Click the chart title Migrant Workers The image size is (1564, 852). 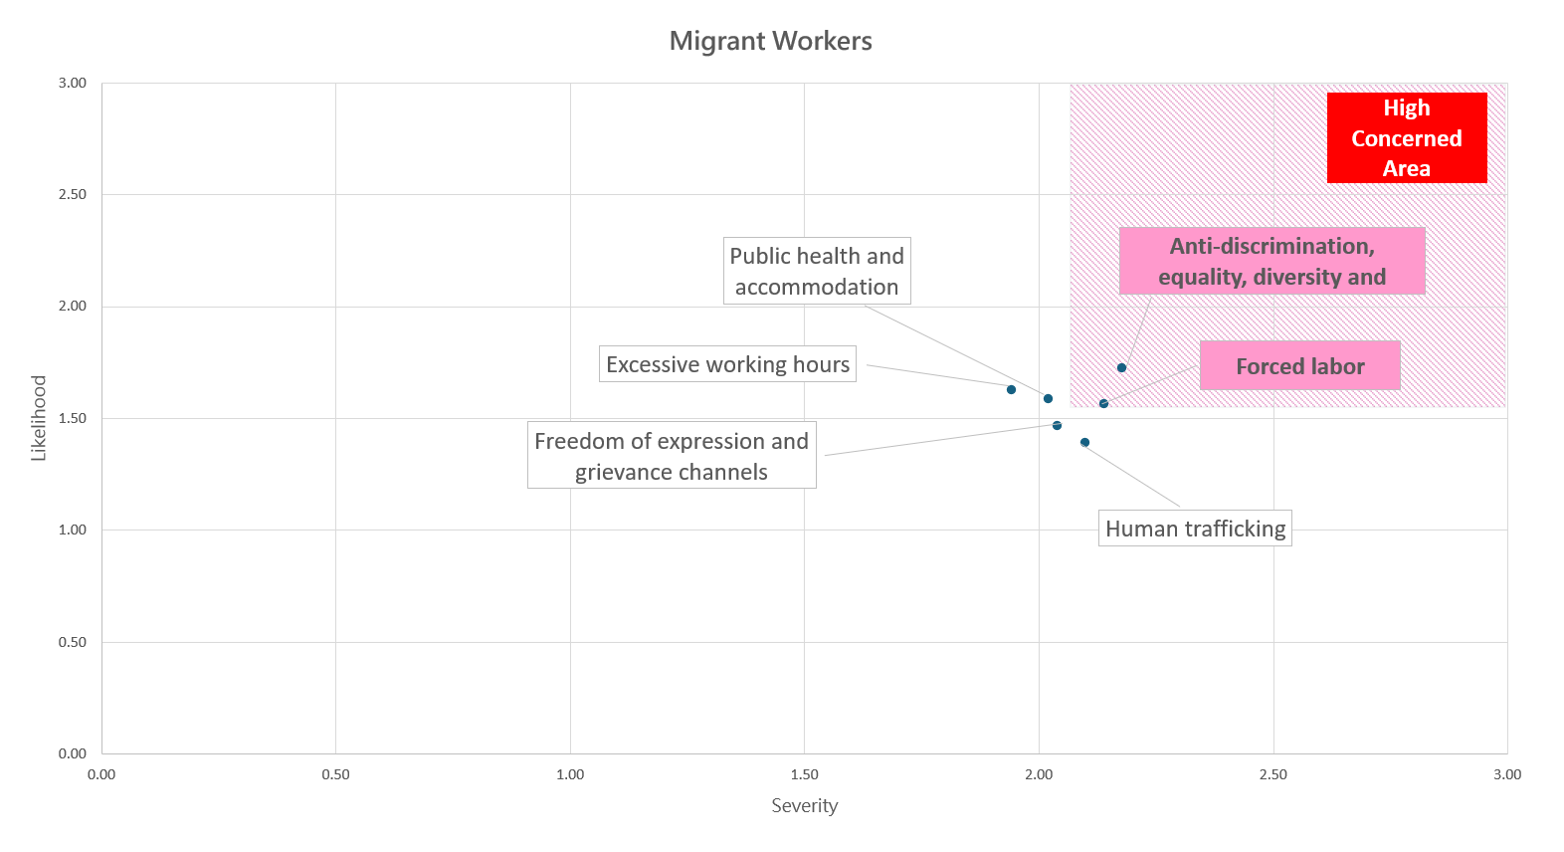click(x=770, y=41)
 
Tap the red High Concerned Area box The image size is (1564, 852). click(x=1406, y=137)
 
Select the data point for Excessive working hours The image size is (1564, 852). click(x=1011, y=389)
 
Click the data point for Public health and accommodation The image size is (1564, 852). click(x=1048, y=398)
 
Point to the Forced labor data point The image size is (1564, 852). click(x=1103, y=403)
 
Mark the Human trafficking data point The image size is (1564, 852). click(x=1084, y=442)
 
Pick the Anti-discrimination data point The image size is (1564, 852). click(x=1121, y=368)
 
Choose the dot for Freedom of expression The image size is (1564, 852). click(x=1057, y=425)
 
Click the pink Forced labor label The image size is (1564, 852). click(x=1299, y=366)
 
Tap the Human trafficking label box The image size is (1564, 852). click(x=1195, y=529)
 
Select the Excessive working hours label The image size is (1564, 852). click(x=727, y=364)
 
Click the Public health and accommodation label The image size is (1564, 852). click(x=816, y=271)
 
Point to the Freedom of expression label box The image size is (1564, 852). click(x=672, y=456)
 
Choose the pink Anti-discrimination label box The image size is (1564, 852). click(x=1271, y=261)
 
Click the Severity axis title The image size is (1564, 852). click(x=804, y=805)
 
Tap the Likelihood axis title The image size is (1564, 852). click(x=39, y=418)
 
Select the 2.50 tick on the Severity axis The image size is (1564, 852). click(x=1272, y=774)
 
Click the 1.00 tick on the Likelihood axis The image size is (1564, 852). click(x=73, y=530)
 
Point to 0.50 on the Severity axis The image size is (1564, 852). click(x=335, y=774)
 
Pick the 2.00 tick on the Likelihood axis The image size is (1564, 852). click(x=73, y=306)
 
